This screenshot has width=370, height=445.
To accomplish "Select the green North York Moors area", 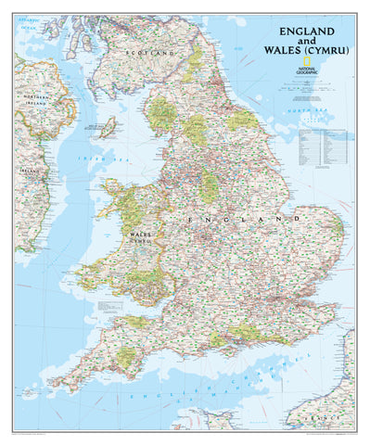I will pos(243,119).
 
